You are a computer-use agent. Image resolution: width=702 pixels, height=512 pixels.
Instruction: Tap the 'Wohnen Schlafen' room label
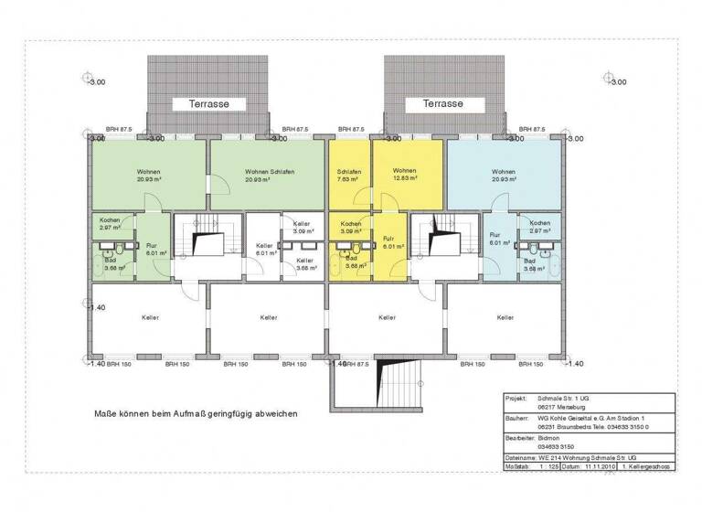(267, 175)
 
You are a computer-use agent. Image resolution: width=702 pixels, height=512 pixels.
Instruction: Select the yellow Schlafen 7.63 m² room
(348, 175)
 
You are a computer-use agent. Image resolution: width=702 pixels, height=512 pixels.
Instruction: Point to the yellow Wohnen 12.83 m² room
(405, 175)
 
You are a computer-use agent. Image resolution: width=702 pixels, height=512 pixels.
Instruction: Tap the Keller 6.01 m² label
(264, 250)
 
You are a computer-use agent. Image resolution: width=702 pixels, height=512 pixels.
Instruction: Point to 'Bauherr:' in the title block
(518, 418)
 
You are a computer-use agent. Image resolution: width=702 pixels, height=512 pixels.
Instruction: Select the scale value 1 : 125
(549, 466)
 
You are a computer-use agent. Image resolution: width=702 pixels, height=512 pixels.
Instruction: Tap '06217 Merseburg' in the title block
(562, 409)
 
